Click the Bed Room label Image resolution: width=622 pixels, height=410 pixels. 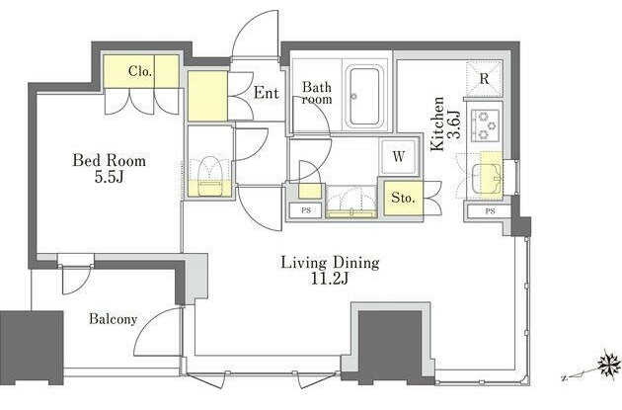109,161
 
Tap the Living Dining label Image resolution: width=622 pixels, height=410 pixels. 330,263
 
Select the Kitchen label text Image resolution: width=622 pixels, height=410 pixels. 437,123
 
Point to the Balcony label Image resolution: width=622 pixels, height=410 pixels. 114,319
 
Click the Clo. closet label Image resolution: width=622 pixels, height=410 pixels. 140,71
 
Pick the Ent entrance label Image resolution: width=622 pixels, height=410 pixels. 267,93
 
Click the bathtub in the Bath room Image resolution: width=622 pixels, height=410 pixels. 363,96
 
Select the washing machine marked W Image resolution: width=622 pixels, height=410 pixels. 398,157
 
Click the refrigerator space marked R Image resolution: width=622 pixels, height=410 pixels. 484,79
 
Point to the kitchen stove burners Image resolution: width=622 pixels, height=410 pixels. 485,125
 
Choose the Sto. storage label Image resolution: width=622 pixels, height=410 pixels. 403,198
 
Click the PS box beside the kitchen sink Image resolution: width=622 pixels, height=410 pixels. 490,211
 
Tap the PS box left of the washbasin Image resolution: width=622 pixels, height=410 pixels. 306,210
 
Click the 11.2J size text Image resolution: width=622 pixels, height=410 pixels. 329,280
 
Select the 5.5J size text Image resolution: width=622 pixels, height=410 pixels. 109,177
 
